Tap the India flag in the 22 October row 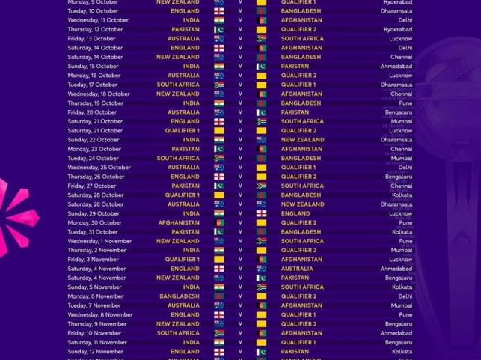[218, 140]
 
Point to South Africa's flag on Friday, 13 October [261, 38]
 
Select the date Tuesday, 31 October [94, 232]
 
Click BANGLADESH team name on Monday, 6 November [178, 296]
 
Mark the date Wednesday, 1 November [99, 241]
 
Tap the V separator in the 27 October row [240, 186]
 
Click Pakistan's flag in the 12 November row [261, 351]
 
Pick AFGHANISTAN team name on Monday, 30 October [178, 222]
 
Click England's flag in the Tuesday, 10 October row [218, 11]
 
